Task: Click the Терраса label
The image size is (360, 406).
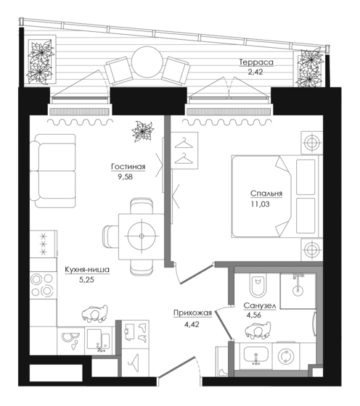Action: tap(256, 62)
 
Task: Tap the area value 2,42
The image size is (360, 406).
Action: tap(255, 72)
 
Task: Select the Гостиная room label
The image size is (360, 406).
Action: tap(128, 167)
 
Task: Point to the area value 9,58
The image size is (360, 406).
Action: tap(125, 177)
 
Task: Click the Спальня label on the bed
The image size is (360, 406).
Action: tap(266, 194)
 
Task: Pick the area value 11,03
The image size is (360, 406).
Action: tap(260, 204)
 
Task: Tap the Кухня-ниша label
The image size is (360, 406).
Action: tap(87, 270)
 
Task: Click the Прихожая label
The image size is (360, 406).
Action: tap(192, 313)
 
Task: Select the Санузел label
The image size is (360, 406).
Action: tap(260, 306)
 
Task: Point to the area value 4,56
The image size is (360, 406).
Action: tap(253, 315)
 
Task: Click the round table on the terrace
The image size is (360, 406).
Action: tap(147, 62)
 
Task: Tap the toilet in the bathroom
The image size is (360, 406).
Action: tap(258, 286)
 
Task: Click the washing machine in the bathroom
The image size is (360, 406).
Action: tap(286, 356)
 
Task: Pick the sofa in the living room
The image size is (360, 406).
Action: tap(52, 170)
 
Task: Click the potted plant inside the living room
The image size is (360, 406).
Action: tap(142, 132)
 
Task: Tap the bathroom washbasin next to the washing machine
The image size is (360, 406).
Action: tap(255, 356)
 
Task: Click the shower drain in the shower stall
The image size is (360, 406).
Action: tap(298, 291)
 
